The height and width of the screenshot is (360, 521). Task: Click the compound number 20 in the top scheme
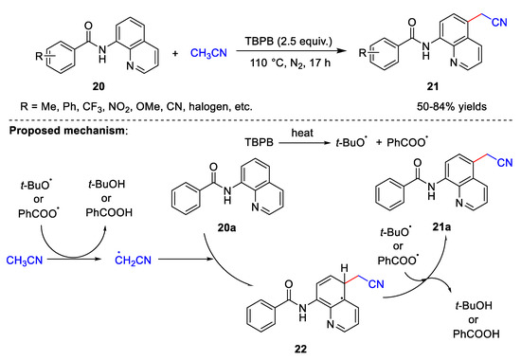point(93,81)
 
